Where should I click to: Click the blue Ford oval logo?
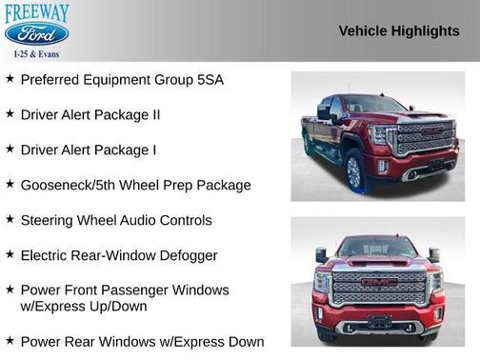tap(36, 35)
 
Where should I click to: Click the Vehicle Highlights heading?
tap(399, 30)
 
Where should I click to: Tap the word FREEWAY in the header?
tap(37, 11)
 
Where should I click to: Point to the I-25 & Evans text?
tap(36, 55)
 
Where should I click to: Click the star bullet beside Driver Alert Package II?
tap(10, 113)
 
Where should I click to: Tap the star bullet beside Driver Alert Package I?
tap(10, 149)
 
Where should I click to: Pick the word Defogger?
tap(188, 255)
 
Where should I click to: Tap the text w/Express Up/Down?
tap(84, 307)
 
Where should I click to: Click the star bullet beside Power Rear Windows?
tap(10, 340)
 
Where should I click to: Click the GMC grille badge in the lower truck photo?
tap(380, 284)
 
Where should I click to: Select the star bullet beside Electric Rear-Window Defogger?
tap(10, 254)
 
